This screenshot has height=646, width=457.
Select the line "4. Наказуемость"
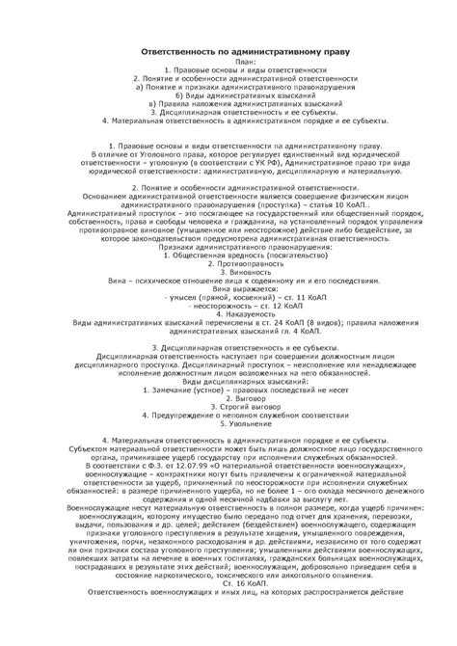(228, 314)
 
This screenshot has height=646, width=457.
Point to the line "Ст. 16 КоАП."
(228, 610)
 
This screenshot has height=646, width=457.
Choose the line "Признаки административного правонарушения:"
(228, 247)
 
